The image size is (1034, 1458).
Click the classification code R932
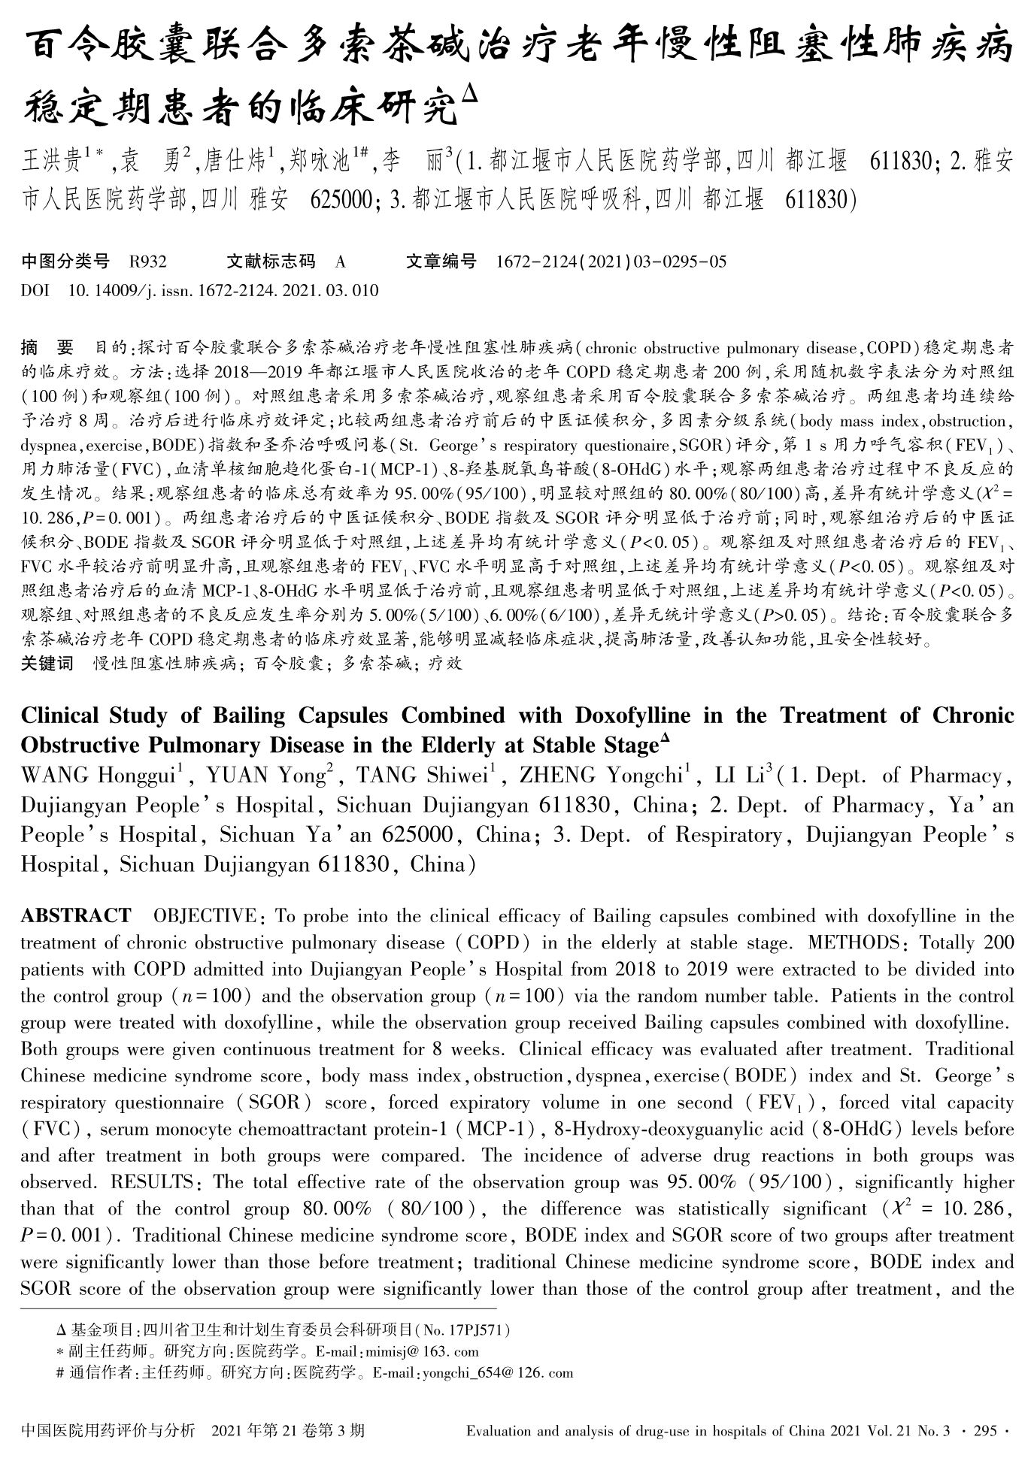[x=147, y=262]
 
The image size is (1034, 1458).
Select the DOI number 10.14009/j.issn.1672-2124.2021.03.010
[x=223, y=290]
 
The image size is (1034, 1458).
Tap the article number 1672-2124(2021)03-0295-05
[x=611, y=262]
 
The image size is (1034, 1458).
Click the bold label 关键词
[x=47, y=664]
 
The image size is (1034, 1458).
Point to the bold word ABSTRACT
[x=76, y=916]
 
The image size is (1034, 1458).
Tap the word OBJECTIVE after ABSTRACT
[x=205, y=916]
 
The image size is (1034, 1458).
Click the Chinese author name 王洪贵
[x=53, y=162]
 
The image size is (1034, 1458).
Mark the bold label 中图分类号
[x=65, y=262]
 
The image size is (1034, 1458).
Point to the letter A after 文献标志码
[x=340, y=262]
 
